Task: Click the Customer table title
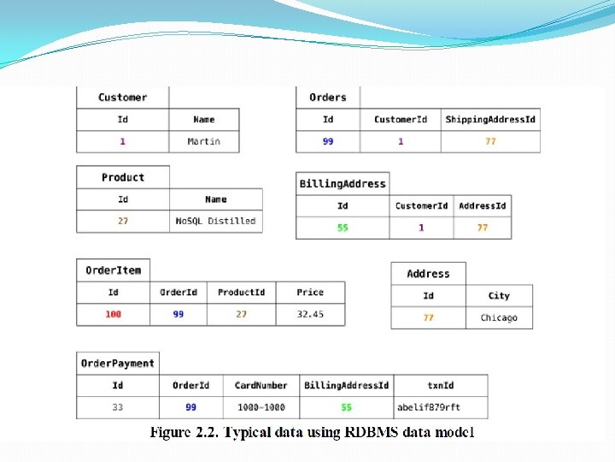(x=123, y=98)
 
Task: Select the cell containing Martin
(x=204, y=141)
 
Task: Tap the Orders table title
(x=328, y=98)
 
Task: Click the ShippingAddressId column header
(x=490, y=120)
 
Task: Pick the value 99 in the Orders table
(x=328, y=141)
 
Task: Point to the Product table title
(x=123, y=178)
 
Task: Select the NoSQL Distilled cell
(x=216, y=221)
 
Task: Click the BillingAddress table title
(x=343, y=184)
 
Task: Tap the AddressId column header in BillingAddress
(x=483, y=206)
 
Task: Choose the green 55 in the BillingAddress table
(x=343, y=228)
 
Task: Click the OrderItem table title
(x=114, y=270)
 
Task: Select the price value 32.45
(x=310, y=314)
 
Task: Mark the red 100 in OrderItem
(x=114, y=314)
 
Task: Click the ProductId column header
(x=241, y=293)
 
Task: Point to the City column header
(x=499, y=296)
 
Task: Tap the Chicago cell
(x=499, y=317)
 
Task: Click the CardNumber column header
(x=261, y=385)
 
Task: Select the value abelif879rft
(x=429, y=407)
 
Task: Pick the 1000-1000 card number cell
(x=261, y=407)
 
